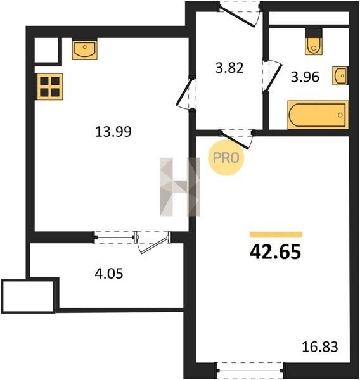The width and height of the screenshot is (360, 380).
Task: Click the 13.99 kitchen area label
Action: tap(113, 132)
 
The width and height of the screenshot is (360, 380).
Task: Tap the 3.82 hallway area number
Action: tap(229, 68)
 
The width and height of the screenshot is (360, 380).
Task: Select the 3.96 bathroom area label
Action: tap(305, 77)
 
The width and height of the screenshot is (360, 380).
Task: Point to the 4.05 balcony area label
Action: tap(109, 274)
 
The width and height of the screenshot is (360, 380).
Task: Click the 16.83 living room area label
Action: tap(319, 346)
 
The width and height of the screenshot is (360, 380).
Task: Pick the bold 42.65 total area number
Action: tap(275, 252)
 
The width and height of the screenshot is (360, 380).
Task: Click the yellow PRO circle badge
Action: tap(226, 158)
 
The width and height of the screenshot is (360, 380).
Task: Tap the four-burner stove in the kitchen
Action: tap(49, 87)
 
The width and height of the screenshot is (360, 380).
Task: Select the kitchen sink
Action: tap(85, 49)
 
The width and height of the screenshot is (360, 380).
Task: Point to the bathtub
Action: tap(318, 115)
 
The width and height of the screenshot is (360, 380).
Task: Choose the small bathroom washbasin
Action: tap(340, 75)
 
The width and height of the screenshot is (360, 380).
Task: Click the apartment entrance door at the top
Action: tap(240, 14)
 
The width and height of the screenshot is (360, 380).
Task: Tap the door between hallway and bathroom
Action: tap(272, 75)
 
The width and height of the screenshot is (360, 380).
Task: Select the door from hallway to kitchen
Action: tap(186, 93)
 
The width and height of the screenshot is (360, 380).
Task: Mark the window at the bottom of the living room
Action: tap(250, 370)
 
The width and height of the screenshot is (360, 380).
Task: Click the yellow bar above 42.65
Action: tap(276, 234)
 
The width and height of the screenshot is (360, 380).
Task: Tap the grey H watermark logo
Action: tap(179, 187)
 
